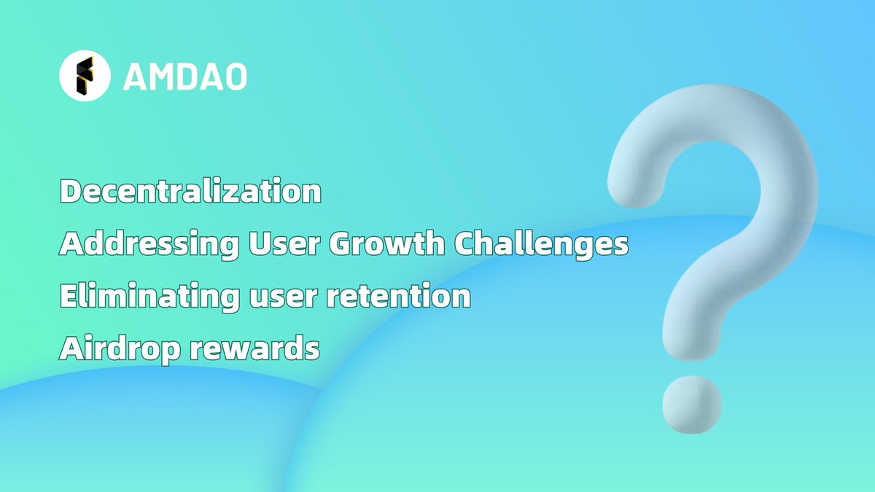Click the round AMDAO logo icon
pyautogui.click(x=85, y=76)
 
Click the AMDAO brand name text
pyautogui.click(x=184, y=77)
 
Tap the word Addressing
pyautogui.click(x=148, y=245)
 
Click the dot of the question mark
pyautogui.click(x=691, y=405)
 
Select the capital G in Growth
pyautogui.click(x=342, y=245)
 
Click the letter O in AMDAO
pyautogui.click(x=234, y=77)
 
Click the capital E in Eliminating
pyautogui.click(x=68, y=297)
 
